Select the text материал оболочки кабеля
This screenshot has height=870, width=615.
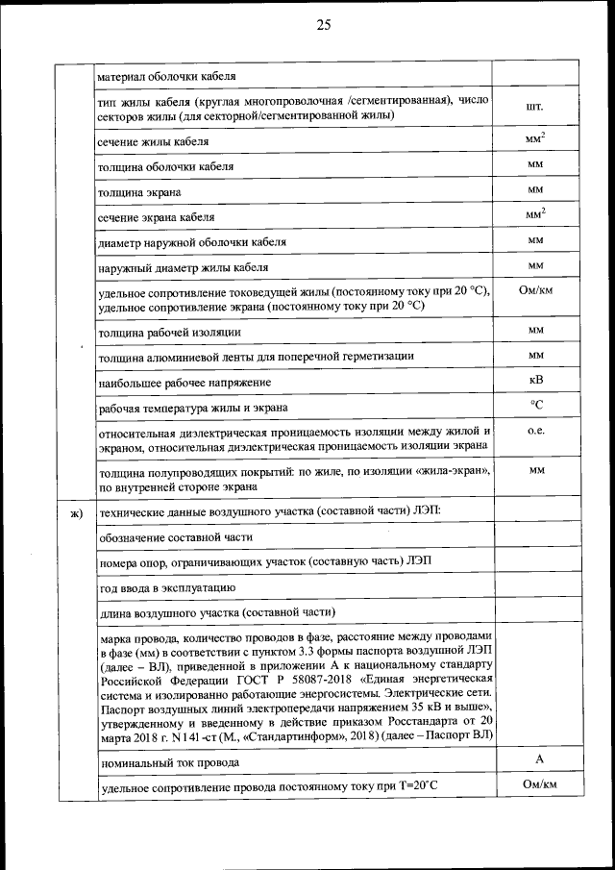click(167, 76)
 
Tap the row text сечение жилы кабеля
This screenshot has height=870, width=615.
click(154, 142)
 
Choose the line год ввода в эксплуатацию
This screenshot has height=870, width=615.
click(168, 586)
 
